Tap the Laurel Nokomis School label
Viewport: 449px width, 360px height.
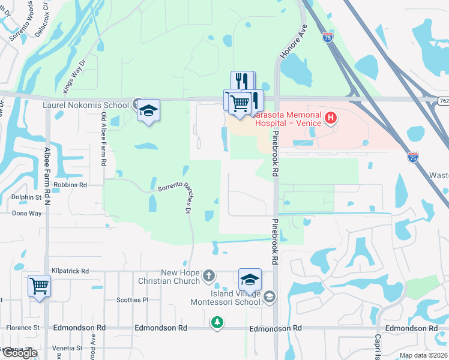tap(85, 106)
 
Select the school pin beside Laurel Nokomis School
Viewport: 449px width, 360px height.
tap(148, 111)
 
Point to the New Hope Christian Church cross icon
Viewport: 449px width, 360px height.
tap(208, 276)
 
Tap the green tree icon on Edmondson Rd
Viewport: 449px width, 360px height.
tap(217, 323)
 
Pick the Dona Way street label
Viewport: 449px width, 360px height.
tap(27, 213)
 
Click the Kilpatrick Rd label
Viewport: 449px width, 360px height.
tap(70, 271)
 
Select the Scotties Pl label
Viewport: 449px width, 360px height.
tap(132, 300)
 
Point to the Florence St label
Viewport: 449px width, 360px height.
tap(23, 328)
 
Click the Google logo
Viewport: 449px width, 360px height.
tap(19, 353)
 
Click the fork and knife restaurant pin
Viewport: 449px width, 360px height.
tap(243, 81)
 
